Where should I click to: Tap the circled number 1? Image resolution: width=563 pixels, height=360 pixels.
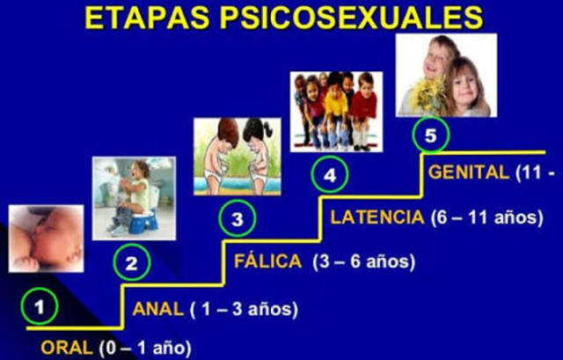click(x=40, y=307)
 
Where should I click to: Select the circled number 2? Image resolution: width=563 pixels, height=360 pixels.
click(x=131, y=262)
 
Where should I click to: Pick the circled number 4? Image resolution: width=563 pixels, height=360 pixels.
click(x=330, y=175)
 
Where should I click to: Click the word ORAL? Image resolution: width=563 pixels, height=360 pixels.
click(x=65, y=346)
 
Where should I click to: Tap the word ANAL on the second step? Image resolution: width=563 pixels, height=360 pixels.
click(x=157, y=309)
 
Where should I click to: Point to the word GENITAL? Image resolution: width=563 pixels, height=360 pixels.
click(x=469, y=173)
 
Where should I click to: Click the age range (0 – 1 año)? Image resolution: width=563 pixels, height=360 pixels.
click(x=143, y=346)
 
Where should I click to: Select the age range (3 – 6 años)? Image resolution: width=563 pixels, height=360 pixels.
click(x=358, y=261)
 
